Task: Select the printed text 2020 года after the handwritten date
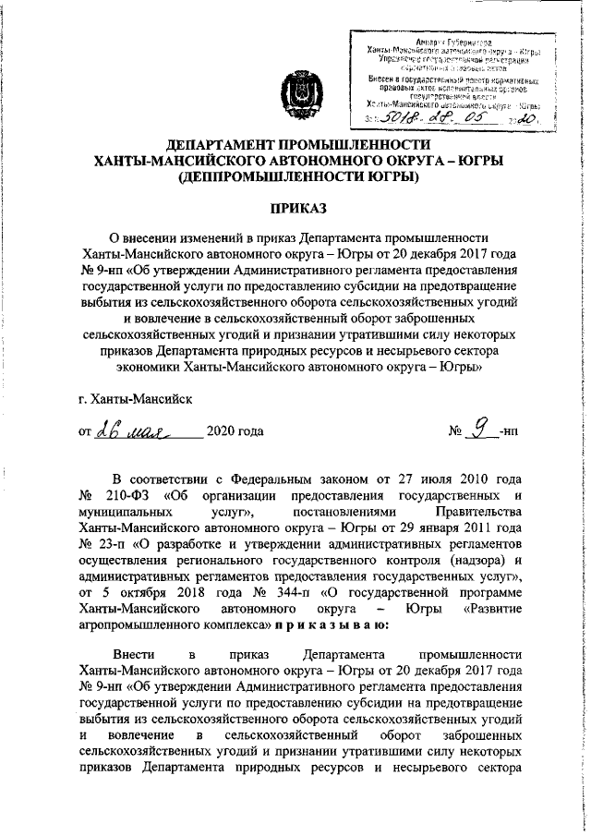[235, 431]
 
